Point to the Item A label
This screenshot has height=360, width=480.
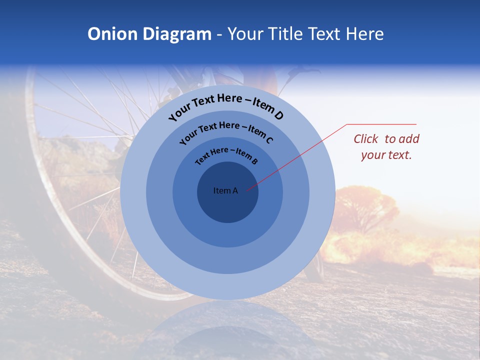(225, 190)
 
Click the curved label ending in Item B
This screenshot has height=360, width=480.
(226, 155)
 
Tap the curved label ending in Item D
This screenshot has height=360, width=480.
(226, 106)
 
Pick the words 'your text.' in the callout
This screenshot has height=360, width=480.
(386, 155)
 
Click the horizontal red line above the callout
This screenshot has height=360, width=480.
(381, 124)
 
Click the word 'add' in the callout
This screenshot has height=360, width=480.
(409, 139)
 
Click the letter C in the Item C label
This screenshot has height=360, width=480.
(268, 140)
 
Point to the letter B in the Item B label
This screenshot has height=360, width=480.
(254, 161)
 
